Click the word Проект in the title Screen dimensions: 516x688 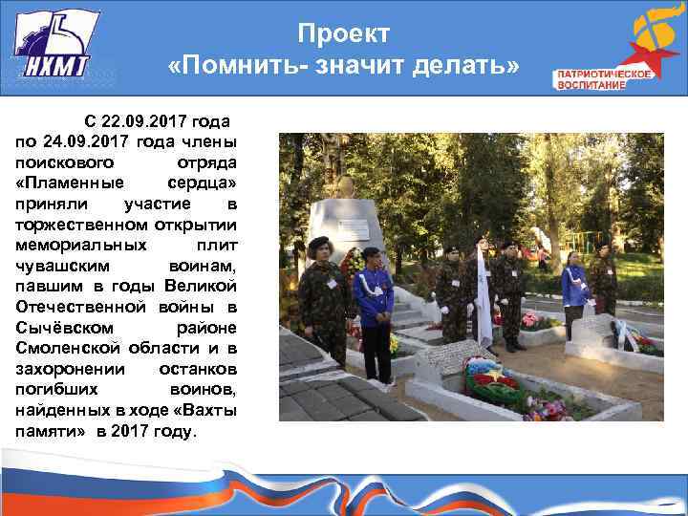point(343,34)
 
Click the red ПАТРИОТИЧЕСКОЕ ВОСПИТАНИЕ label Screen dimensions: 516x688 point(591,79)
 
